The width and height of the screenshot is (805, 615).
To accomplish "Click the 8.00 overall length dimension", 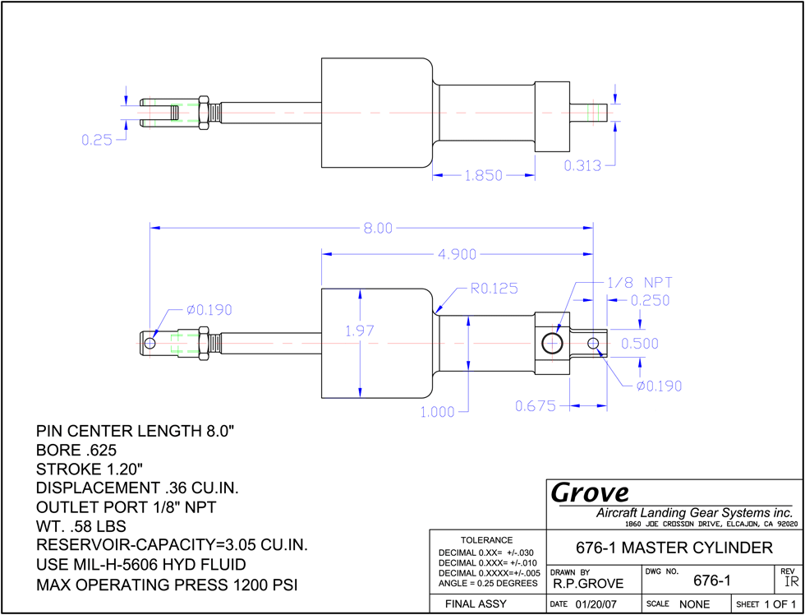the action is coord(378,228).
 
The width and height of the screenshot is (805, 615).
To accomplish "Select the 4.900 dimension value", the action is coord(457,254).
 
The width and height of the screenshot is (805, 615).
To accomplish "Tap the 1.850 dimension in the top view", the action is coord(484,176).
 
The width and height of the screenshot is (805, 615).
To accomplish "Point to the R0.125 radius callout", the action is coord(494,289).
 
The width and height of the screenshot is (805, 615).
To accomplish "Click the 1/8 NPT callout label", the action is coord(639,283).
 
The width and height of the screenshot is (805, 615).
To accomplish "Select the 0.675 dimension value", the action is coord(536,406).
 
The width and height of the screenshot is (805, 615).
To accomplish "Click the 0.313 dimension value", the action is coord(582,165).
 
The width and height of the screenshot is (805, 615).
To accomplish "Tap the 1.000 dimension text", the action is coord(437,412).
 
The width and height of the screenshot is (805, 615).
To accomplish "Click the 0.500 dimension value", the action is coord(640,343).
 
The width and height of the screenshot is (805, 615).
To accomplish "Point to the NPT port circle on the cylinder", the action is coord(552,343).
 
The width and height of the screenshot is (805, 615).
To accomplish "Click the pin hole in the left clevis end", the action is coord(149,343).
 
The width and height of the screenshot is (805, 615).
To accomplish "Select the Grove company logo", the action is coord(590,492).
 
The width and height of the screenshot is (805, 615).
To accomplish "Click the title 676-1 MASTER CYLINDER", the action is coord(674,548).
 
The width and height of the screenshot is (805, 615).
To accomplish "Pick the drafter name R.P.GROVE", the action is coord(588,584).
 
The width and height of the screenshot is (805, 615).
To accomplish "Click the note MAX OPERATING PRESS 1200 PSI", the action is coord(168,585).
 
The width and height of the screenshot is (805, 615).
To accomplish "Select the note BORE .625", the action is coord(76,451).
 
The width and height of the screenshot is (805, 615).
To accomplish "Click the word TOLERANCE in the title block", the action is coord(486,540).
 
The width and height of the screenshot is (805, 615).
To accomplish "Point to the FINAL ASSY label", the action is coord(476,603).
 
